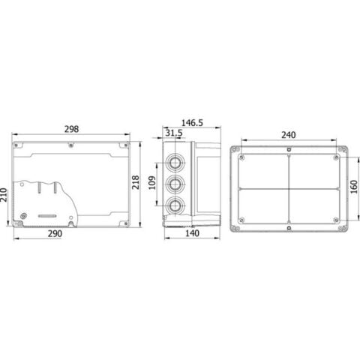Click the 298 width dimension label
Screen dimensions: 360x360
(x=71, y=129)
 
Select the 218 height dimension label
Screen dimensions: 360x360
(x=136, y=182)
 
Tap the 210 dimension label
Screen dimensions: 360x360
(x=3, y=195)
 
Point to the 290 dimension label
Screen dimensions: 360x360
(x=55, y=233)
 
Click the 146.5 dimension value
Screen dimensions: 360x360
(x=192, y=123)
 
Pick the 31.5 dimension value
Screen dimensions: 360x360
(x=174, y=133)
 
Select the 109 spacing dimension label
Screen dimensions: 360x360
(x=152, y=183)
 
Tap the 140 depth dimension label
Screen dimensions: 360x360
(x=192, y=233)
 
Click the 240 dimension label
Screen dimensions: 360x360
(x=289, y=135)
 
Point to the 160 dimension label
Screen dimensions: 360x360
(x=354, y=187)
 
